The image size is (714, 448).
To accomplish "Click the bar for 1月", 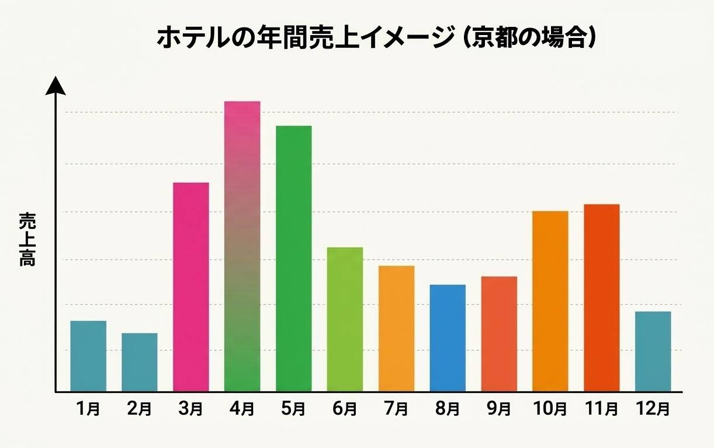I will tap(88, 356).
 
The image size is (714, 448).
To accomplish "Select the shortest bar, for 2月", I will tap(140, 362).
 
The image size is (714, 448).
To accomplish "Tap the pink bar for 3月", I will tap(191, 287).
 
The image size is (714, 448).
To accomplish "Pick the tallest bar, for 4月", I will tap(242, 246).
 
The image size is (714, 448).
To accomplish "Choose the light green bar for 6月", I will tap(345, 319).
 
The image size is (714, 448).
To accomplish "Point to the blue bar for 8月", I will tap(448, 338).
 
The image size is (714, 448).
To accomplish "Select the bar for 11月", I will tap(602, 297).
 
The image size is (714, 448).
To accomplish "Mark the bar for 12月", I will tap(653, 351).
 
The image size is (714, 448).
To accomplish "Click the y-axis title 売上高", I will tap(27, 239).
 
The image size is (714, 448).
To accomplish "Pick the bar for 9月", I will tap(499, 334).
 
